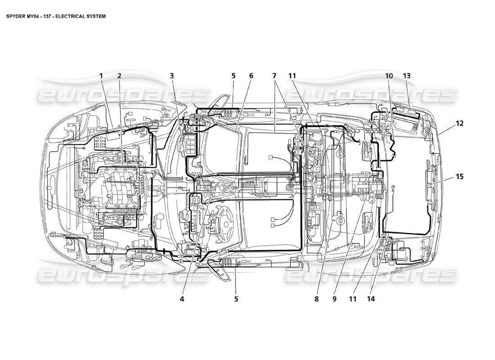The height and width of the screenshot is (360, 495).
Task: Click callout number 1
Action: pos(102,76)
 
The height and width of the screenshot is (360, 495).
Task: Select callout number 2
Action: pos(119,76)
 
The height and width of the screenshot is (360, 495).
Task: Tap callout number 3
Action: pos(172,76)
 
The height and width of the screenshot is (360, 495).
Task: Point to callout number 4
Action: pos(182,298)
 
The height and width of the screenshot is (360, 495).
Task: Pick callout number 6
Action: pos(251,76)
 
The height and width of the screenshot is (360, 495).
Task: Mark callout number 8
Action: pos(317,298)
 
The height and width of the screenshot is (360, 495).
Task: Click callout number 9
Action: pos(335,298)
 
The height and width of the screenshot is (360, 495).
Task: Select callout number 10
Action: pos(389,76)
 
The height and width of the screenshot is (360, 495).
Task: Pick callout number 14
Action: pos(372,298)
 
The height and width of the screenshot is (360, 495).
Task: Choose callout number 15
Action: pos(459,177)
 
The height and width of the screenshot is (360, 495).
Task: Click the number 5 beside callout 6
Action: pos(234,76)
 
